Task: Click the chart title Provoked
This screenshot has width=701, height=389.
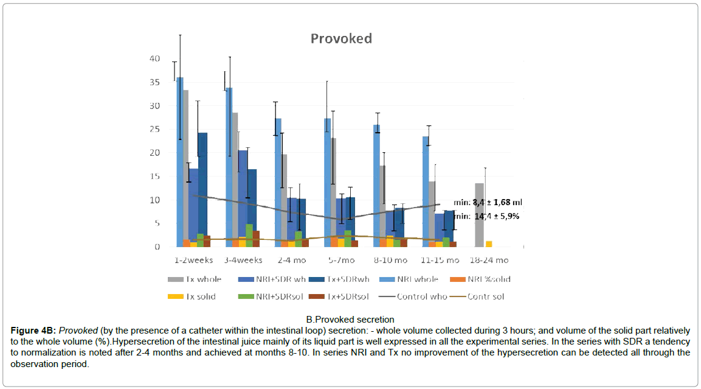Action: click(341, 38)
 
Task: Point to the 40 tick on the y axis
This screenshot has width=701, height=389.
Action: click(155, 58)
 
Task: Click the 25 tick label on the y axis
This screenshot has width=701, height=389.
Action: click(155, 129)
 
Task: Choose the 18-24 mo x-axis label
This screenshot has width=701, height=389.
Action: click(489, 260)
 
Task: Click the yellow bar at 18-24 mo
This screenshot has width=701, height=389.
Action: click(489, 244)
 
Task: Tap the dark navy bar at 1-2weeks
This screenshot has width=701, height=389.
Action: click(202, 189)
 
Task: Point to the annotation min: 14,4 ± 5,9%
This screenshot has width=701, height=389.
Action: click(487, 216)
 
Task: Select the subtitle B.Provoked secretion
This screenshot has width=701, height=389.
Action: click(350, 319)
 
